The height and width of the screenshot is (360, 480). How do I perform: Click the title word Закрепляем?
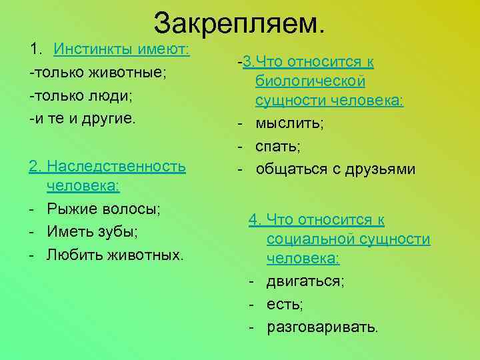coord(240,23)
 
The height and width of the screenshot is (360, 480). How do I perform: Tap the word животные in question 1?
coord(133,73)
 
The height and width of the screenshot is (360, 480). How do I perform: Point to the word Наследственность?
coord(117,165)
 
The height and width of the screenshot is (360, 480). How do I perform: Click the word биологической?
coord(310,81)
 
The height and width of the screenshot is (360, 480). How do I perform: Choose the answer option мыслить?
coord(287,123)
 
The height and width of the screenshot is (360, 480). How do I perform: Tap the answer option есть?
coord(285,305)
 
